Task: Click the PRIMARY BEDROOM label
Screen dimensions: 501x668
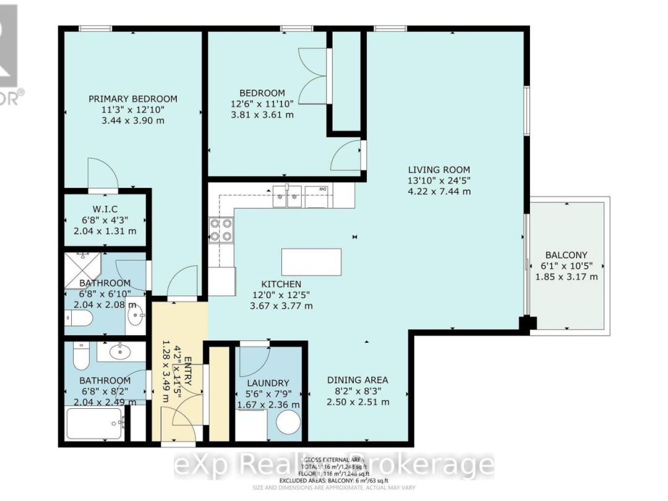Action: coord(132,99)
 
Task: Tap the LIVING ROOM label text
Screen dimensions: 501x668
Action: coord(439,170)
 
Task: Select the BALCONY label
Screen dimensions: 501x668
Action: coord(566,255)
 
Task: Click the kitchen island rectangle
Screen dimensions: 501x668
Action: coord(311,262)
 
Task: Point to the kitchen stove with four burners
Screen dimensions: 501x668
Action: coord(221,230)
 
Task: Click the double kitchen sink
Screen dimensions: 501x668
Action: coord(287,197)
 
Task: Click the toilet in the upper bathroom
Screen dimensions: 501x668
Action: coord(79,318)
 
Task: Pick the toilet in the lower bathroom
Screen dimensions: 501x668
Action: coord(81,357)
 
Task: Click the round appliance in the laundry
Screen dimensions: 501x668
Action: coord(288,424)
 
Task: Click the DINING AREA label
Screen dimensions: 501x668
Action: coord(359,380)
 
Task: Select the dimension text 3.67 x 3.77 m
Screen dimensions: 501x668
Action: coord(281,306)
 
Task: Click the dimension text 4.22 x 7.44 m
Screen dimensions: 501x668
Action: coord(439,192)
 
